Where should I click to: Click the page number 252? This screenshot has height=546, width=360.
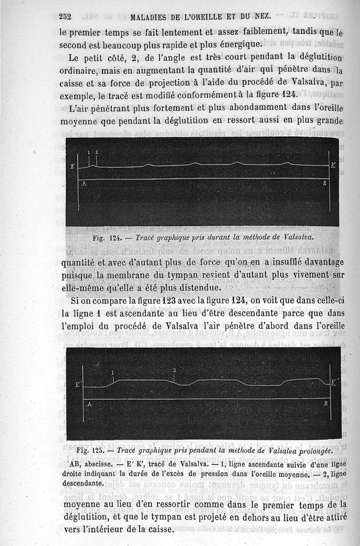click(66, 17)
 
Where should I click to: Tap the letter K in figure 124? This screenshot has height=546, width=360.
click(333, 166)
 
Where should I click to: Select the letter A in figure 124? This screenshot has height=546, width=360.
click(84, 184)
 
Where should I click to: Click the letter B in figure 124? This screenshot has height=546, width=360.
click(324, 184)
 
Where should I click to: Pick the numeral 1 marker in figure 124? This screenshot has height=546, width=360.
click(89, 153)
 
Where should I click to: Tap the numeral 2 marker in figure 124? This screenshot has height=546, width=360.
click(96, 153)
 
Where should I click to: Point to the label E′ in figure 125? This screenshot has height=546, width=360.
click(77, 385)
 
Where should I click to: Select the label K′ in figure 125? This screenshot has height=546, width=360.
click(335, 384)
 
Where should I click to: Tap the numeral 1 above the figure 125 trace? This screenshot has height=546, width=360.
click(112, 373)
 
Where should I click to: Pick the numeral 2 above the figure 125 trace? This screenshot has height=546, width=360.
click(174, 370)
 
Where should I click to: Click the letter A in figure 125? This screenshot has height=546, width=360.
click(90, 404)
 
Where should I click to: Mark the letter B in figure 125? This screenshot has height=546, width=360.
click(325, 404)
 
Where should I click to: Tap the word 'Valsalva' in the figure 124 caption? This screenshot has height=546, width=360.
click(297, 236)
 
